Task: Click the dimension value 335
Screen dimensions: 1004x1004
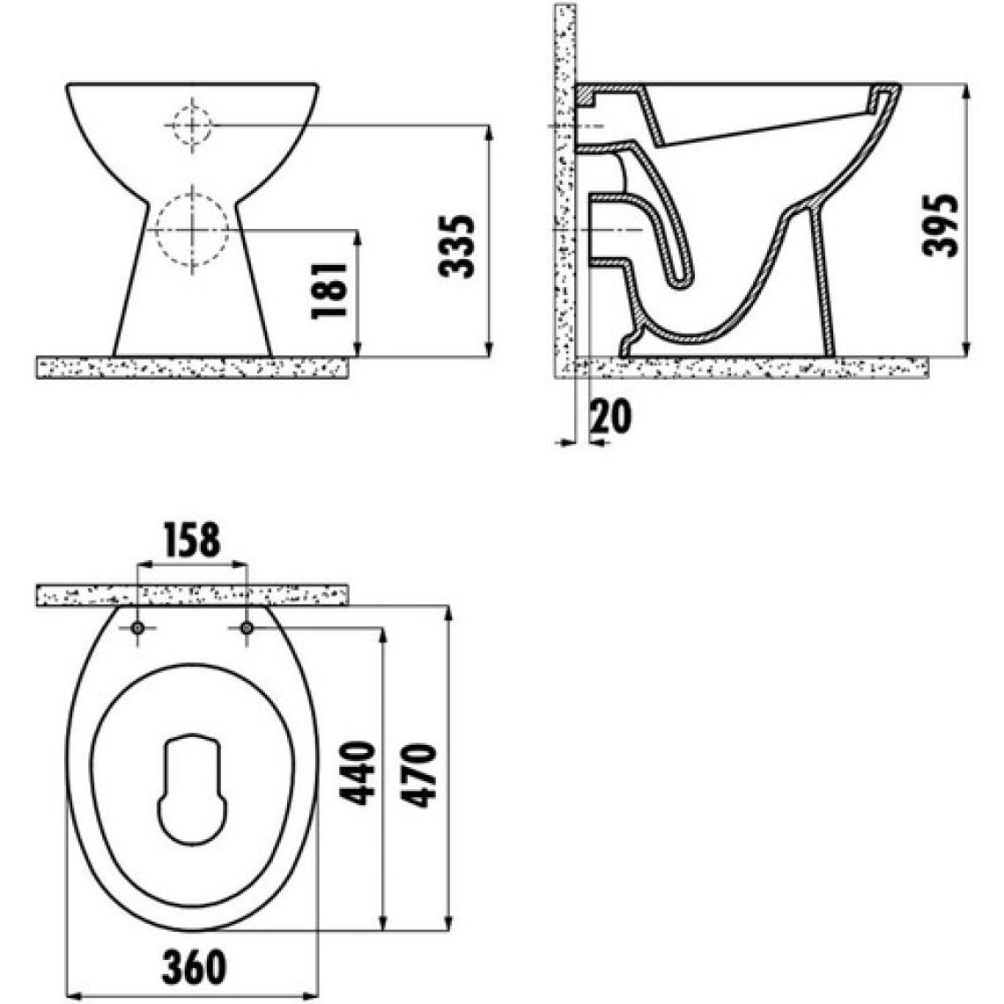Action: (457, 247)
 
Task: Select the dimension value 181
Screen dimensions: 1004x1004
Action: (329, 290)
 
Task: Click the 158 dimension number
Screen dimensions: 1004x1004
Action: (192, 540)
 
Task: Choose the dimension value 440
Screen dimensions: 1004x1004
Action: (357, 772)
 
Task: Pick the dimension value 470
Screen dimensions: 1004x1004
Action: (418, 775)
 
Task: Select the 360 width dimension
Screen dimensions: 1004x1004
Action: (194, 967)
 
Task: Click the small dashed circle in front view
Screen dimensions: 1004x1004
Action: (191, 125)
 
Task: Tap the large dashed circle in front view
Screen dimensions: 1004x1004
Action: (192, 229)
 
